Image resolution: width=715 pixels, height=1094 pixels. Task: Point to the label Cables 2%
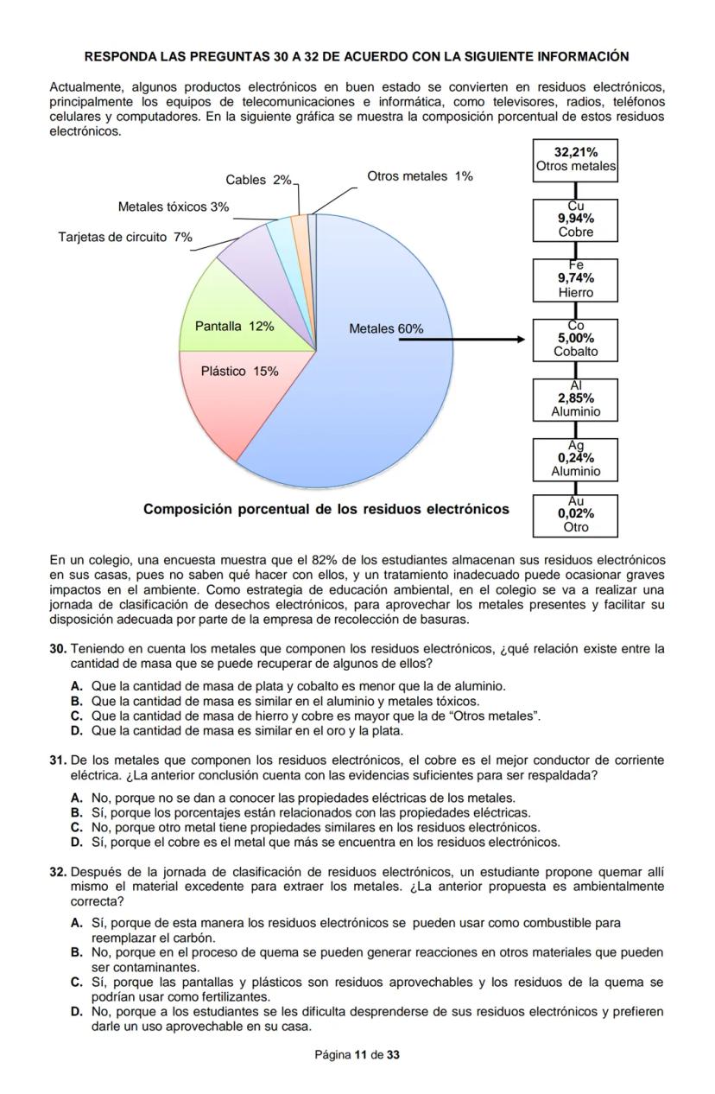[x=258, y=180]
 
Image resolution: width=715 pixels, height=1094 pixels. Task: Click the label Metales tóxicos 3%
[x=174, y=207]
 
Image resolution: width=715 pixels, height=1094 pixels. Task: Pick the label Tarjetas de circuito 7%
[x=125, y=237]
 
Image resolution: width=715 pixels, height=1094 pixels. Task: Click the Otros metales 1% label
[x=420, y=176]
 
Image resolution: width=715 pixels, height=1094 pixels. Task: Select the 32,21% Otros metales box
[x=575, y=159]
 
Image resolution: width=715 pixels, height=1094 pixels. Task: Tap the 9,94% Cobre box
[x=575, y=219]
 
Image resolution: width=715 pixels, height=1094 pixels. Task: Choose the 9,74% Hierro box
[x=575, y=279]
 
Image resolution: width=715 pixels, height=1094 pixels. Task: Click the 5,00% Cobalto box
[x=575, y=339]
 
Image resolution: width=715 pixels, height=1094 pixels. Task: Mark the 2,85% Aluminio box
[x=575, y=398]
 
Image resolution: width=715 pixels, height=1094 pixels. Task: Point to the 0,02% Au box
[x=575, y=515]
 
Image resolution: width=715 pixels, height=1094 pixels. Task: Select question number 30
[x=58, y=648]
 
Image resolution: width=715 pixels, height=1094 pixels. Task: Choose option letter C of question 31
[x=76, y=828]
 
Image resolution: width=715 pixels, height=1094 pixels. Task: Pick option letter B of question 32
[x=76, y=952]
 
